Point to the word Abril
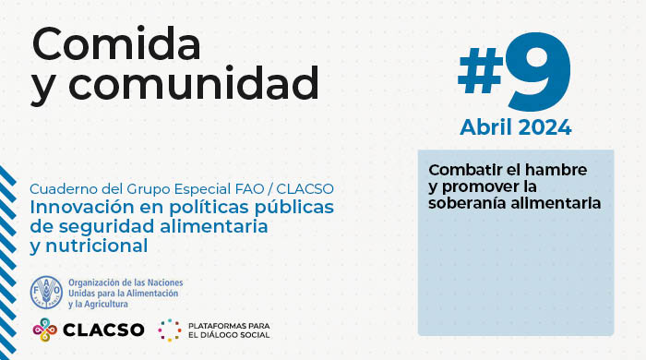click(x=490, y=126)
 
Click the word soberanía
click(x=466, y=202)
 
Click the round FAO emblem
click(x=47, y=292)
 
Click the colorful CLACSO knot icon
click(x=47, y=330)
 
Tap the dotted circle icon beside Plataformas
click(x=169, y=330)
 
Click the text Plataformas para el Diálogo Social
click(x=227, y=330)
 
